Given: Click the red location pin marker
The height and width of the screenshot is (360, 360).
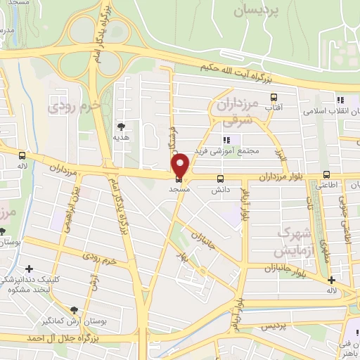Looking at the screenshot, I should [x=181, y=165].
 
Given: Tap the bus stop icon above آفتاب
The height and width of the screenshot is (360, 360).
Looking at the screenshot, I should [x=273, y=98].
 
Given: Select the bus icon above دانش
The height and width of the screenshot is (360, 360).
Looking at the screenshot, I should [x=221, y=179].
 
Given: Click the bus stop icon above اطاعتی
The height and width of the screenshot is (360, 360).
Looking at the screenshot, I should [x=326, y=174].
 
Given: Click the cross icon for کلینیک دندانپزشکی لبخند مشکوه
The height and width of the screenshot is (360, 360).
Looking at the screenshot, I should [x=29, y=269].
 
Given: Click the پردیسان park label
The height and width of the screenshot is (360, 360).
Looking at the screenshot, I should [x=257, y=12].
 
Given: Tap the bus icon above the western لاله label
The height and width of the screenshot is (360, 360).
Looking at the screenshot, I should [x=22, y=155].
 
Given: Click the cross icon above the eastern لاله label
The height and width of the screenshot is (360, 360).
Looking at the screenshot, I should [x=331, y=281].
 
